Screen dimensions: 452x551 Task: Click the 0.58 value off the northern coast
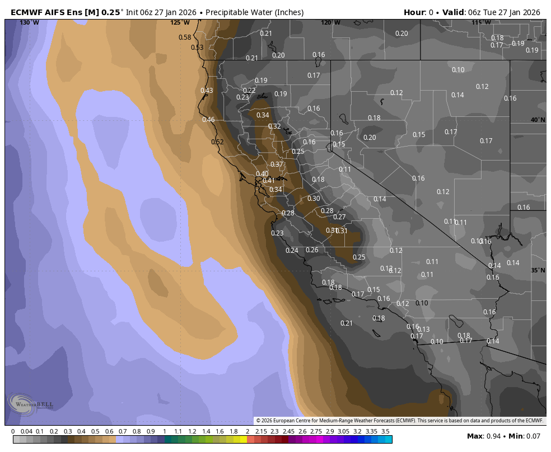point(185,37)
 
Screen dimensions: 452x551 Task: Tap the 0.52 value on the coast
point(217,142)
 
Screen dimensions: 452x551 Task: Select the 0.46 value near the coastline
point(208,120)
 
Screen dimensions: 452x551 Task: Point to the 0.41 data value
point(269,180)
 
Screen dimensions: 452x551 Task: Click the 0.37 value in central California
point(277,164)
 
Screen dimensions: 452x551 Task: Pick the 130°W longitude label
point(29,22)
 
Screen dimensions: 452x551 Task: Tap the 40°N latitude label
point(538,120)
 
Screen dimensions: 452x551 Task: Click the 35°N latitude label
point(538,270)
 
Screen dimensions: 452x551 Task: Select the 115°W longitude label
point(482,22)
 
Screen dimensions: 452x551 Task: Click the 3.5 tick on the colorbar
point(385,431)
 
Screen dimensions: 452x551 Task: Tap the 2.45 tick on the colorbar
point(288,431)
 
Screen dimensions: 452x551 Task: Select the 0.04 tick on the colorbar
point(26,431)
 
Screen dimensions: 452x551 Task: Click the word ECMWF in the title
point(26,12)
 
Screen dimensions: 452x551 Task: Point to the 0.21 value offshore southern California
point(347,323)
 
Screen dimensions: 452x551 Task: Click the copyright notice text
point(400,421)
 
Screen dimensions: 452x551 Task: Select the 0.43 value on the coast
point(207,90)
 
